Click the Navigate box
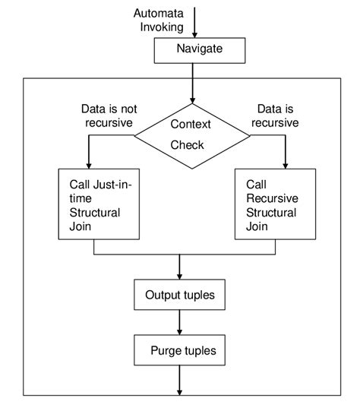200,50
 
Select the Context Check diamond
192,135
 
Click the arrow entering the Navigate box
194,23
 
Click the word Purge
166,351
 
